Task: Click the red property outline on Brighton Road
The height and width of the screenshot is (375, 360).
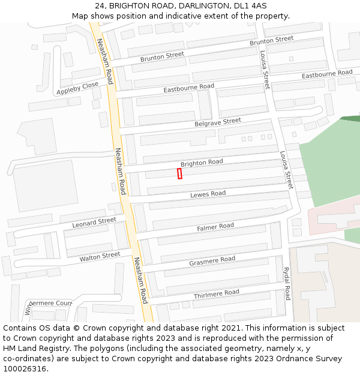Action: tap(179, 173)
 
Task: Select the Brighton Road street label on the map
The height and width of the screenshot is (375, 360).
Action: tap(202, 163)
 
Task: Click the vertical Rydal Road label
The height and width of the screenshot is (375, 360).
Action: tap(287, 283)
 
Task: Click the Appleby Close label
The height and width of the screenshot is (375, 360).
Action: tap(77, 89)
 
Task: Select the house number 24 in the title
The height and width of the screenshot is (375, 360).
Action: tap(100, 5)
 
